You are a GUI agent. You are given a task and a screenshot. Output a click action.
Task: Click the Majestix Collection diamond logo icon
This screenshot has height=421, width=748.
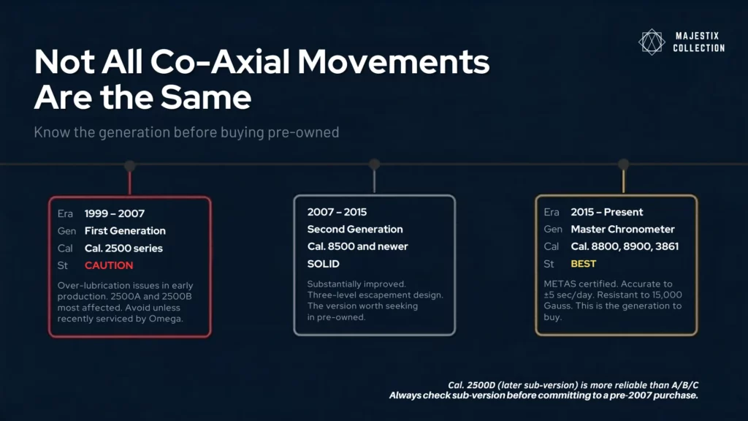click(650, 42)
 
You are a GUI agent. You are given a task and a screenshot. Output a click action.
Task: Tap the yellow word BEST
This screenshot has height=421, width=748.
click(584, 263)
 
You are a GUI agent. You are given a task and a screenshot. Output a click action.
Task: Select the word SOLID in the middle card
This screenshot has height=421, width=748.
click(324, 263)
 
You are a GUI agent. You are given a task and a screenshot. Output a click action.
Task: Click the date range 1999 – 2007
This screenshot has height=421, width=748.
click(115, 213)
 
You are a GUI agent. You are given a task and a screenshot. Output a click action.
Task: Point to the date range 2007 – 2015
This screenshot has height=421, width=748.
click(337, 212)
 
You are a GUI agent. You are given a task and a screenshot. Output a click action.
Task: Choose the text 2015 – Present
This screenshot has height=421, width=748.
click(607, 212)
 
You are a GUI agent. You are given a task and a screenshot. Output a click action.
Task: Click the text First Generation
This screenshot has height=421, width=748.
click(125, 230)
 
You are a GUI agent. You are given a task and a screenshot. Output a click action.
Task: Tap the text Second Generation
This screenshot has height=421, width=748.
click(355, 230)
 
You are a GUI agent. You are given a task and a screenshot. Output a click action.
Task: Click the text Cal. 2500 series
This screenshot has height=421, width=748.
click(123, 248)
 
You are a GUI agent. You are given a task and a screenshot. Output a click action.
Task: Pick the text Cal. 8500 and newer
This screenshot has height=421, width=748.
click(358, 246)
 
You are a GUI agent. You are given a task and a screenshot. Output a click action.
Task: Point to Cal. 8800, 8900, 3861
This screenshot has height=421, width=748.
click(625, 246)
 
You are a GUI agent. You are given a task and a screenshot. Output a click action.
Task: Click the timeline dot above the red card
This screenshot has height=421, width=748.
click(130, 165)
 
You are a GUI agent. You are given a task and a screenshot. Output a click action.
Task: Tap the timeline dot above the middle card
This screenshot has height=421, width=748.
click(374, 164)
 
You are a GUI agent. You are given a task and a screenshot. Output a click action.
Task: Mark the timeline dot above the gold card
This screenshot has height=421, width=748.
click(623, 164)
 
